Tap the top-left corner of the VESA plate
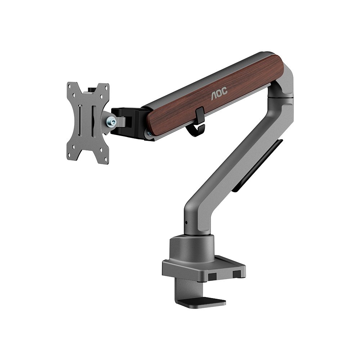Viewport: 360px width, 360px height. pos(71,86)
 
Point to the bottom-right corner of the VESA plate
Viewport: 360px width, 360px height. pos(105,160)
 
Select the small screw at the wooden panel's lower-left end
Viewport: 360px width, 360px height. pos(149,134)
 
